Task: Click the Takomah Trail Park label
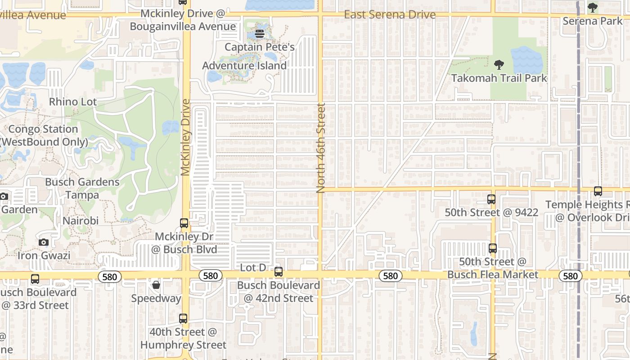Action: coord(499,78)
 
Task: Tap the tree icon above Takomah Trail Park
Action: coord(499,65)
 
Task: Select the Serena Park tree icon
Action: coord(593,8)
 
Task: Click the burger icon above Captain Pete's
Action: coord(259,33)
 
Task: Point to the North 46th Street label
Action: coord(320,148)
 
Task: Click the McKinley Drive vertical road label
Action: coord(186,137)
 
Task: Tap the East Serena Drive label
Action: coord(390,15)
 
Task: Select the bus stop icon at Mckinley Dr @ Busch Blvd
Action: coord(184,223)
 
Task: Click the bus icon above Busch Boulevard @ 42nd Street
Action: coord(279,272)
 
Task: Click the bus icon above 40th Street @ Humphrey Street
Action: coord(183,319)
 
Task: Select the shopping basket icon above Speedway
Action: coord(156,285)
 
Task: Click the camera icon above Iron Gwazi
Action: coord(44,243)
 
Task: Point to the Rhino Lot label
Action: coord(73,102)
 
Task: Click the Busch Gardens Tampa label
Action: coord(82,189)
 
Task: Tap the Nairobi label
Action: coord(81,221)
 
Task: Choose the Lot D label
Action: coord(253,268)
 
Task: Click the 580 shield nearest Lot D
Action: coord(211,276)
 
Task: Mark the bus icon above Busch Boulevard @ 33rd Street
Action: coord(35,279)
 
